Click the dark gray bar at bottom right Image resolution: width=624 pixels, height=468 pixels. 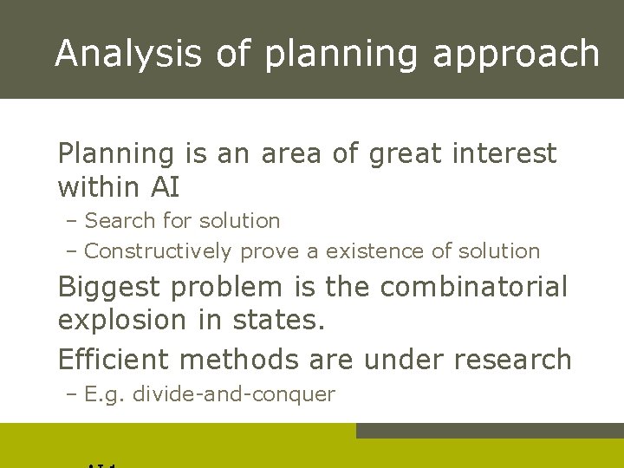click(x=490, y=431)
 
